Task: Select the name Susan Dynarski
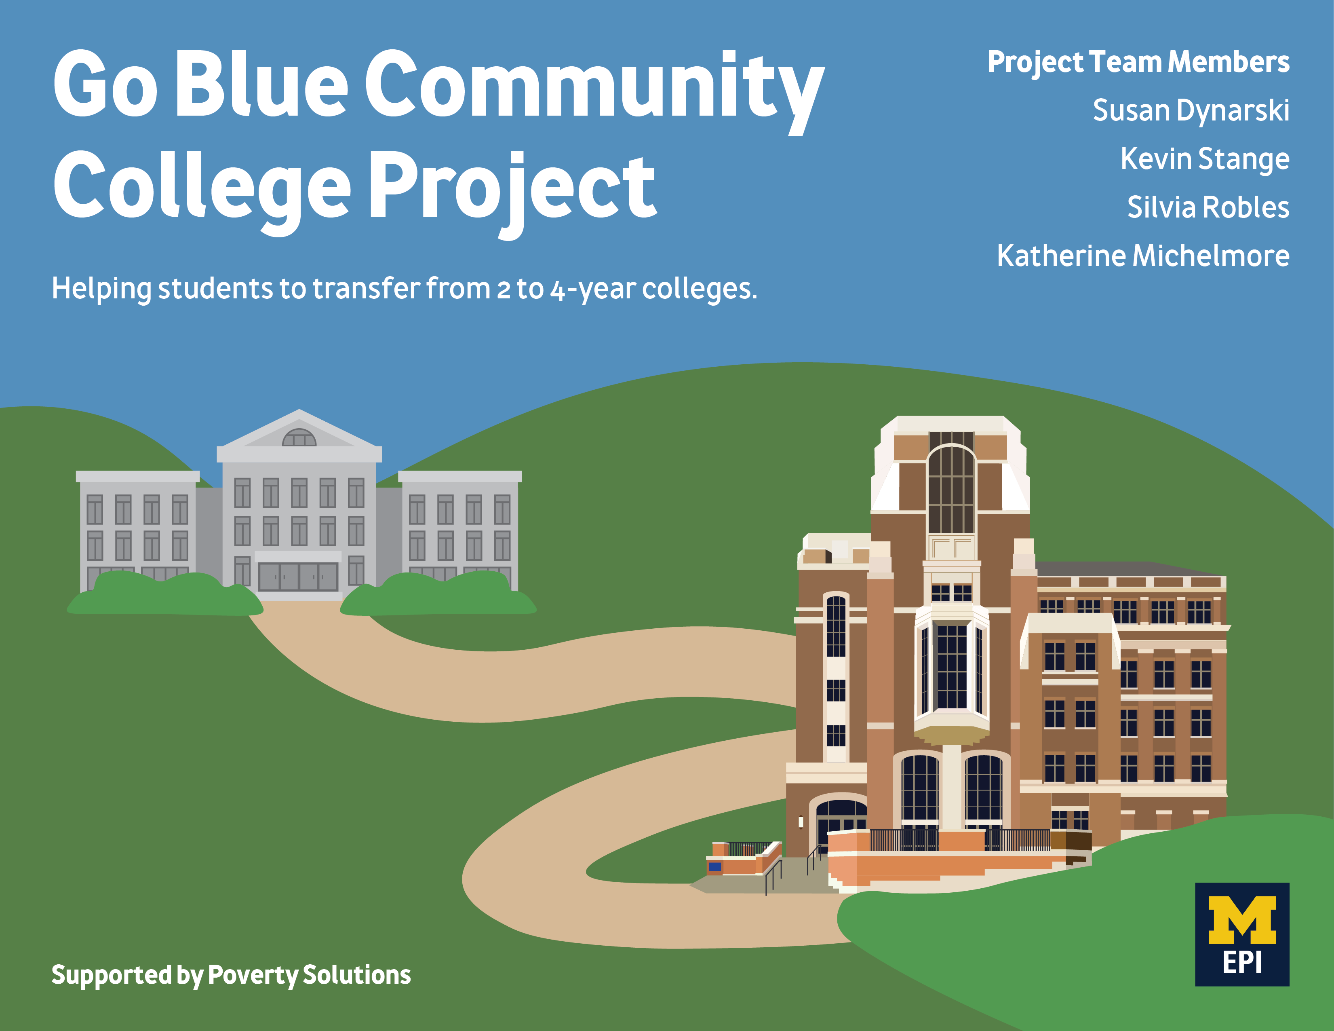tap(1191, 111)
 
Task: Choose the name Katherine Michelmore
tap(1143, 256)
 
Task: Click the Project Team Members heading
tap(1138, 62)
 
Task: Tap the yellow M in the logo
tap(1242, 920)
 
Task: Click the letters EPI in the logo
tap(1242, 963)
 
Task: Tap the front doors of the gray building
tap(298, 576)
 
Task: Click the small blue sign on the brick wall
tap(714, 866)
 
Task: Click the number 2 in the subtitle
tap(503, 289)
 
